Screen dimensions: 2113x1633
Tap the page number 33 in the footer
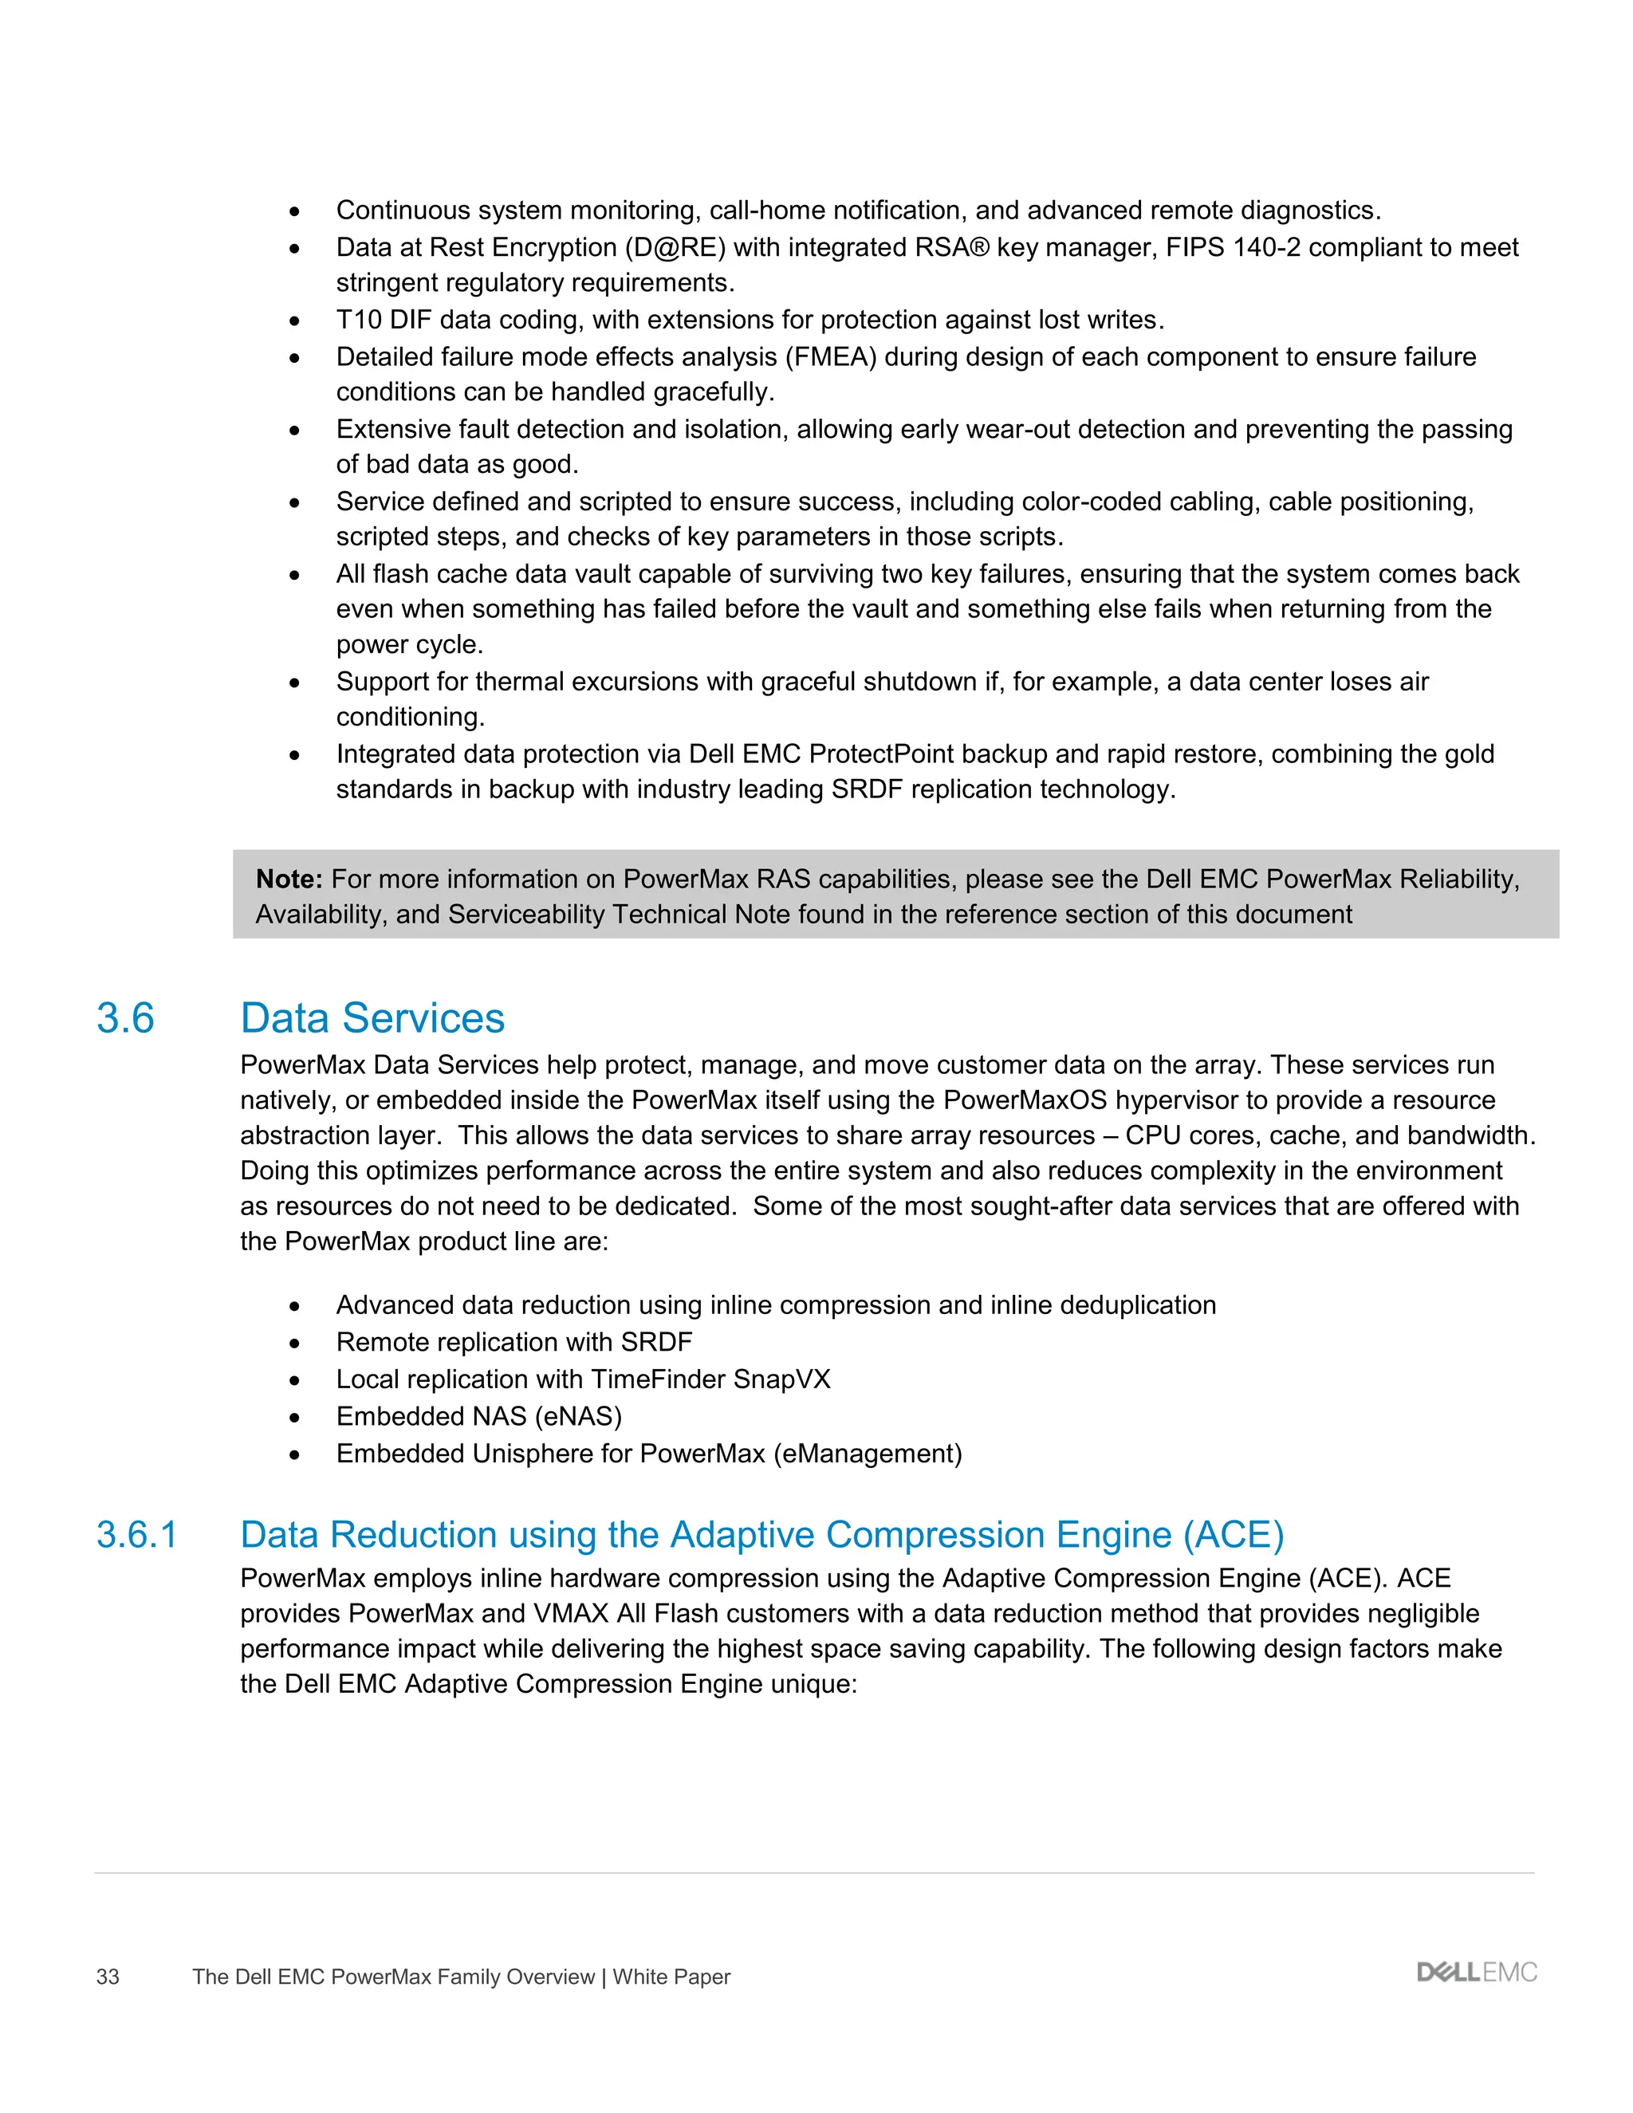coord(108,1977)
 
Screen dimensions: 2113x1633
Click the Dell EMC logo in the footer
coord(1476,1973)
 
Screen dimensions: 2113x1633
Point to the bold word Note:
coord(289,879)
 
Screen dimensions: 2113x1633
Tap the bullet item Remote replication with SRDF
coord(514,1343)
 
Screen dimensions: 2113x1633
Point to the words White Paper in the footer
coord(671,1977)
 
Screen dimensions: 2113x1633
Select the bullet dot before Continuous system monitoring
coord(294,212)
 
